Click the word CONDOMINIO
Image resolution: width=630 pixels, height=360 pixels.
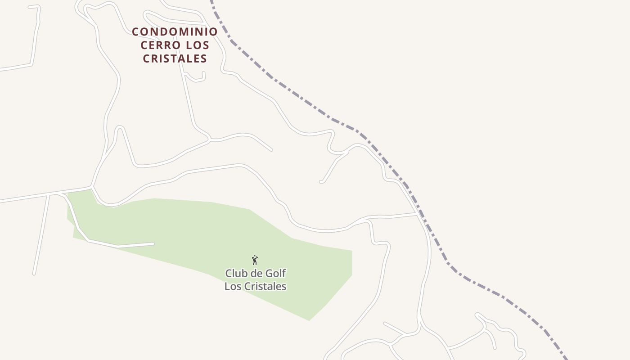coord(175,31)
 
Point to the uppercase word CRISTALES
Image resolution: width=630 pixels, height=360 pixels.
coord(175,58)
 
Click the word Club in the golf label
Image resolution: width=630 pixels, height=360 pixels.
coord(234,273)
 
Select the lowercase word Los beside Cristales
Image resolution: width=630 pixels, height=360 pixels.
coord(233,286)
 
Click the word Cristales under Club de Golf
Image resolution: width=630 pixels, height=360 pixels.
coord(266,286)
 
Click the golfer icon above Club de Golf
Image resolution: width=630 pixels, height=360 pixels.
coord(255,260)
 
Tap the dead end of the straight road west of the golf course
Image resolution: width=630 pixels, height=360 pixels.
coord(34,273)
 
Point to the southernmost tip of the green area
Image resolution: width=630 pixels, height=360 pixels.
coord(309,320)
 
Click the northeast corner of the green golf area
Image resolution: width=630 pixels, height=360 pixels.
coord(351,251)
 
